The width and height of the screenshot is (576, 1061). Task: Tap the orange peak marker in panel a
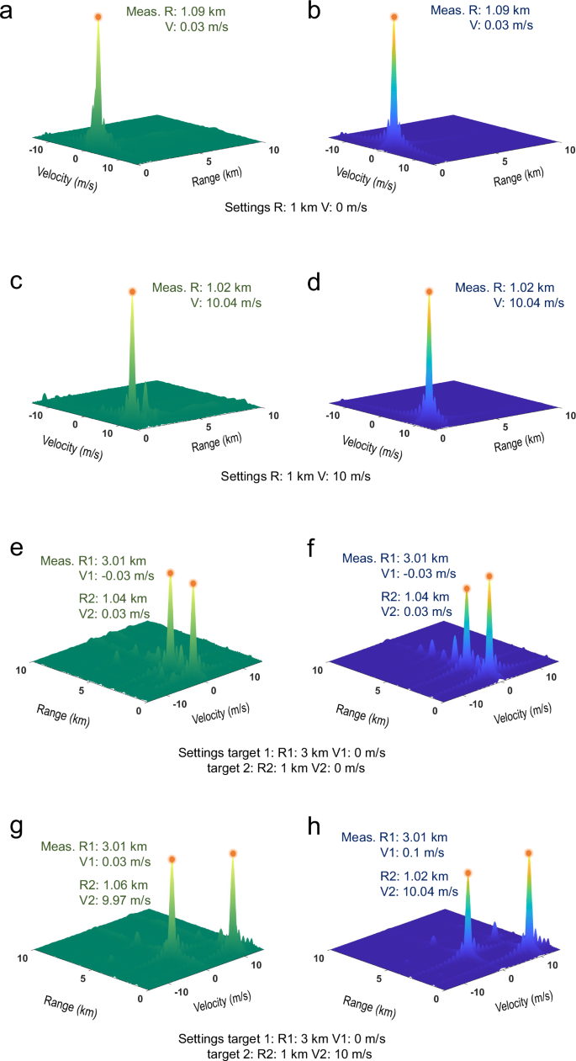98,17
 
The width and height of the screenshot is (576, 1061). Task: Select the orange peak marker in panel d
429,292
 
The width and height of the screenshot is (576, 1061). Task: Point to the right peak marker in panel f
489,577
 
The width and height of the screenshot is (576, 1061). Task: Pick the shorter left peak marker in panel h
468,874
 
